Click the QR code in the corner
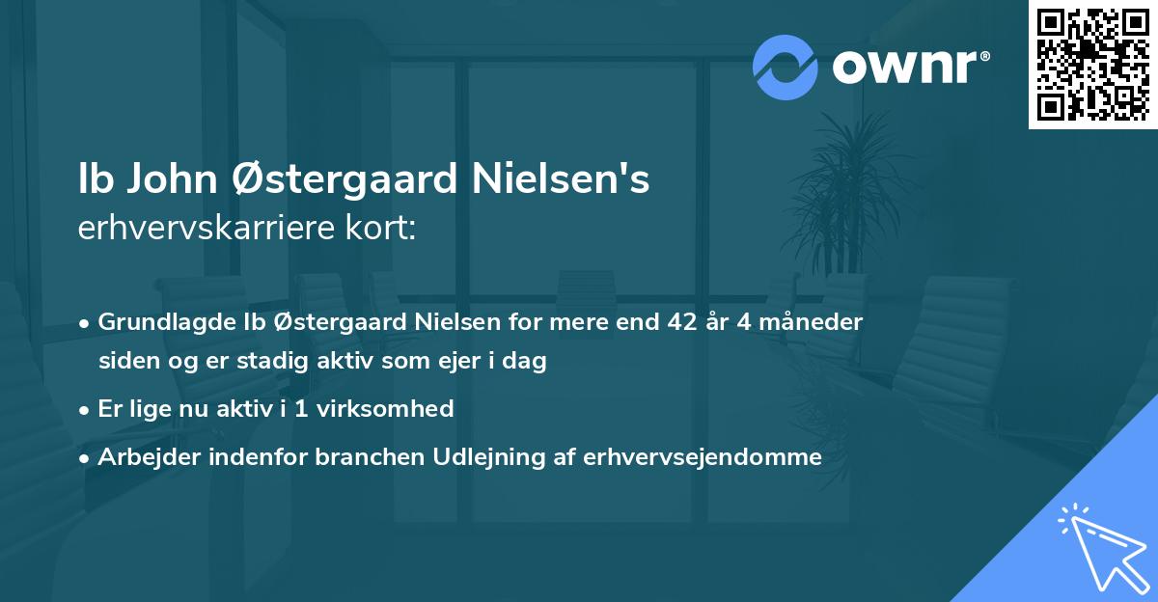[1092, 65]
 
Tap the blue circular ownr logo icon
[786, 67]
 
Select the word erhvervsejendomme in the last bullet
[703, 457]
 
